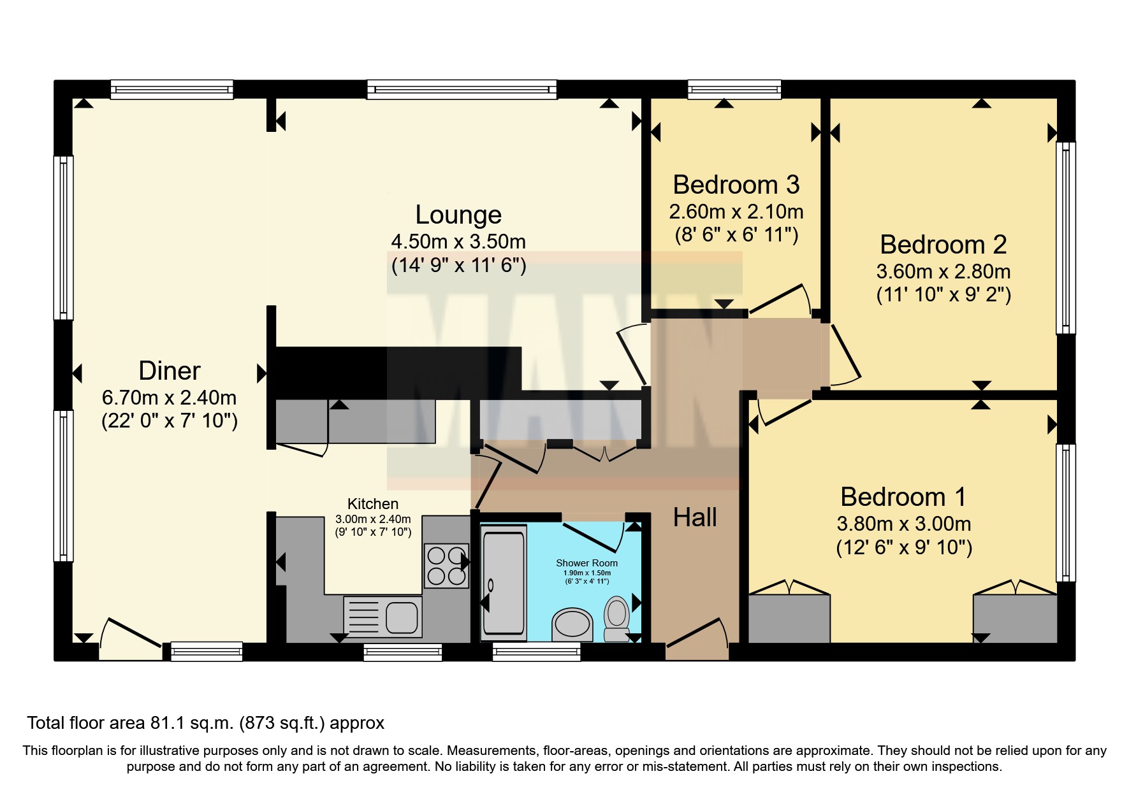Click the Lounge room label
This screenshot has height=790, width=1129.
(458, 215)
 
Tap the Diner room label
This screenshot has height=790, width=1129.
(170, 371)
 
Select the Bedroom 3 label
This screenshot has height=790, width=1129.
(736, 185)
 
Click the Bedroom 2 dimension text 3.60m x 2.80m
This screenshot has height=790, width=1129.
(943, 271)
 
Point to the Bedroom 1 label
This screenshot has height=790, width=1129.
(903, 497)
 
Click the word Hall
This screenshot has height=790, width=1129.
(695, 517)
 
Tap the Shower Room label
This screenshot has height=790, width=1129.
(586, 563)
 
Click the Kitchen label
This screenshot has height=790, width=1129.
(373, 504)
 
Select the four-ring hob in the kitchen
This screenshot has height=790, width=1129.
(446, 566)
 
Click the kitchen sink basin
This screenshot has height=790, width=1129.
(402, 617)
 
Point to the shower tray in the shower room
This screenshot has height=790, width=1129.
(504, 583)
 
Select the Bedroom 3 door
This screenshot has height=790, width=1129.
(779, 299)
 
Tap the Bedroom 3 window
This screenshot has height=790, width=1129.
(734, 90)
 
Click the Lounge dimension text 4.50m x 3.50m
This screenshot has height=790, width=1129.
(458, 242)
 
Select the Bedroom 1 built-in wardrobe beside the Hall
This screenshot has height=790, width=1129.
(789, 619)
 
